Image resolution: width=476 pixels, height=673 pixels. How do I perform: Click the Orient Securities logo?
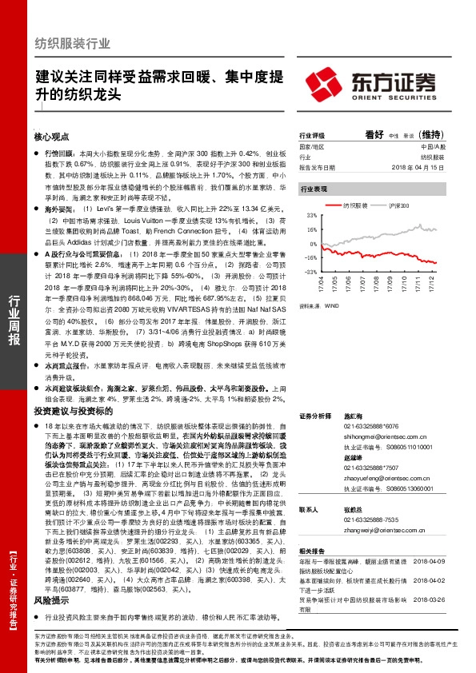(x=382, y=85)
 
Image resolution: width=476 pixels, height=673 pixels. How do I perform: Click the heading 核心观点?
(x=52, y=137)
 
